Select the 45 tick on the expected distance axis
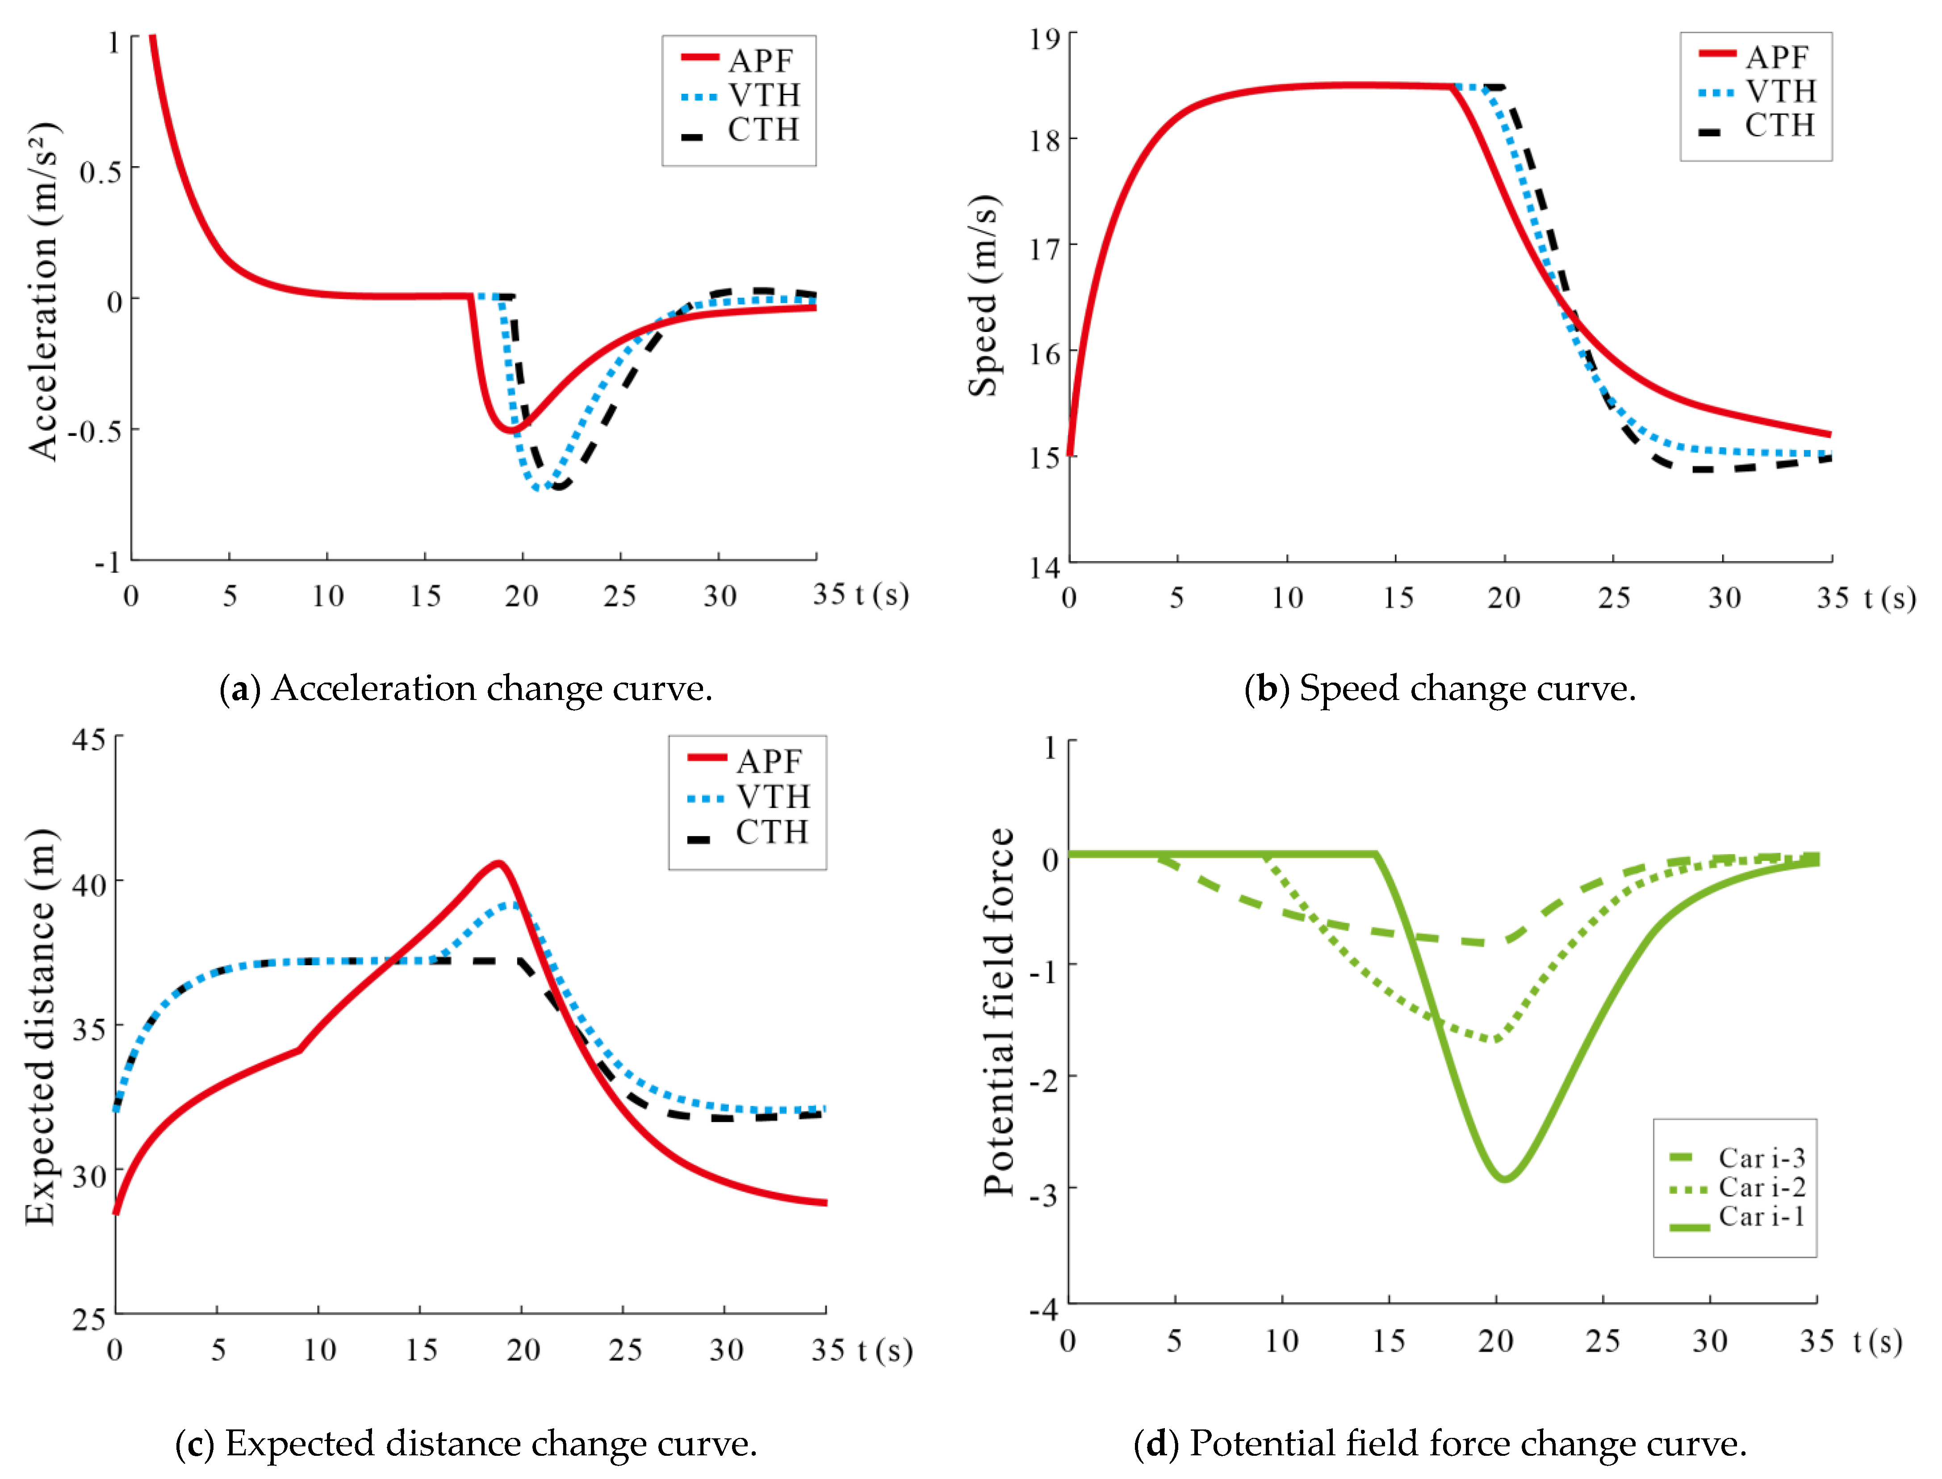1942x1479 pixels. [89, 740]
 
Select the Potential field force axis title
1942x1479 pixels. [999, 1012]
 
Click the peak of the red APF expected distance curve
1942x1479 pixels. [498, 863]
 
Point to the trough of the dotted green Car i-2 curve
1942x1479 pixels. [1494, 1040]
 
